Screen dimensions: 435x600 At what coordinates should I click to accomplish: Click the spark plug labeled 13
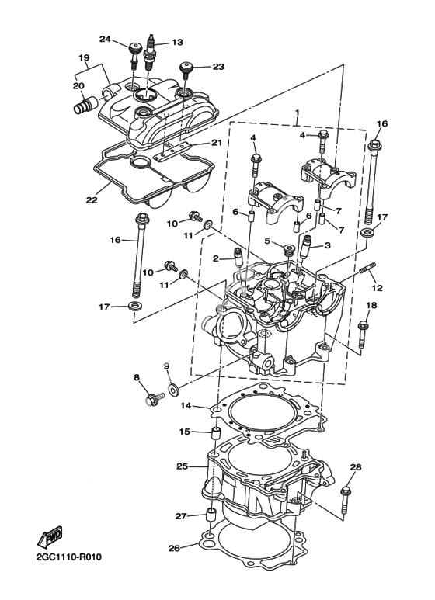tap(149, 53)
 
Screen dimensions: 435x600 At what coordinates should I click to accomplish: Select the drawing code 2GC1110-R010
tap(69, 557)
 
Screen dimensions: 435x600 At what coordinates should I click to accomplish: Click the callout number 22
tap(92, 199)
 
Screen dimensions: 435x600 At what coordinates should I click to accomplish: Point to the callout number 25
tap(183, 466)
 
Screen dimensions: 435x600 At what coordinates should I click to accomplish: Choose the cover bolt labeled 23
tap(186, 71)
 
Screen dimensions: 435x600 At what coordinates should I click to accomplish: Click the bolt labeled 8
tap(155, 398)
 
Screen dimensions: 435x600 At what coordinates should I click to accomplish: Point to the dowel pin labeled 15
tap(217, 435)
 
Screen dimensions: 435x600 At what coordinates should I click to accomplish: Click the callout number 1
tap(297, 113)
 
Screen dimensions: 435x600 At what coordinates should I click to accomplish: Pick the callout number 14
tap(186, 406)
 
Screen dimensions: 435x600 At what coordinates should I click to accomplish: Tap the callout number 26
tap(174, 548)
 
